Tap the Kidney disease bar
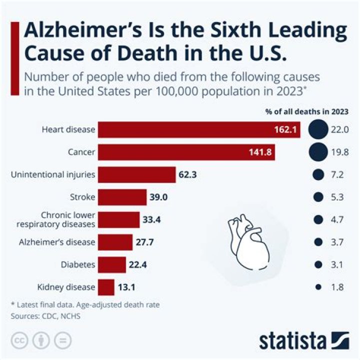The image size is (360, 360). pyautogui.click(x=106, y=287)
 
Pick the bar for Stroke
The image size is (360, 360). pyautogui.click(x=122, y=197)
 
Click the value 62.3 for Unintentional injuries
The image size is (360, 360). pyautogui.click(x=188, y=174)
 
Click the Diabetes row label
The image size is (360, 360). pyautogui.click(x=78, y=264)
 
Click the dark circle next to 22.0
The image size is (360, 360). pyautogui.click(x=317, y=130)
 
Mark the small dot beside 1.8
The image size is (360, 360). pyautogui.click(x=317, y=287)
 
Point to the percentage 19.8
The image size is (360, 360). pyautogui.click(x=338, y=152)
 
